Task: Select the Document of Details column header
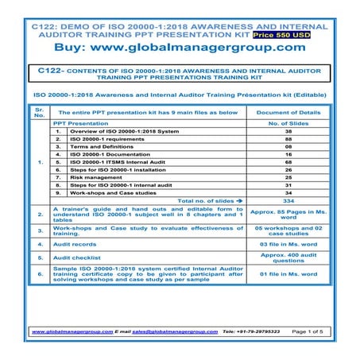(x=288, y=114)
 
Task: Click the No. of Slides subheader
(x=288, y=125)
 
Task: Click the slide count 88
(x=288, y=136)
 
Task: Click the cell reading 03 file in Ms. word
(x=288, y=246)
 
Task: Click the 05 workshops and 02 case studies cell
(x=288, y=230)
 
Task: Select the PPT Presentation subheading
(x=81, y=125)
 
